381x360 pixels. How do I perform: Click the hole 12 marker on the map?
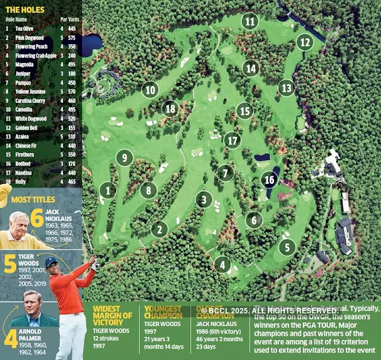point(305,42)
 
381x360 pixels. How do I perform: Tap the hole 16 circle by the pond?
point(270,180)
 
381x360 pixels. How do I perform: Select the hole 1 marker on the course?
point(108,191)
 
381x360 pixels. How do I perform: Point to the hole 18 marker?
point(171,109)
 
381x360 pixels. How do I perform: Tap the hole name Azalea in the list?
point(22,137)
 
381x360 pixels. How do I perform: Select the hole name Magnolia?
point(24,64)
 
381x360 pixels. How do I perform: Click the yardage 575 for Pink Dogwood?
point(73,38)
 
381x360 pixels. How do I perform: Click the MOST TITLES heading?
point(33,199)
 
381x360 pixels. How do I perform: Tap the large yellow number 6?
point(37,218)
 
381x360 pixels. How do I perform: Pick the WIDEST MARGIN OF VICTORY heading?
point(112,315)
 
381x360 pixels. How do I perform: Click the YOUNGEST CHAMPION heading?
point(163,312)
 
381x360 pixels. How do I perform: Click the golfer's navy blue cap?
point(51,262)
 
